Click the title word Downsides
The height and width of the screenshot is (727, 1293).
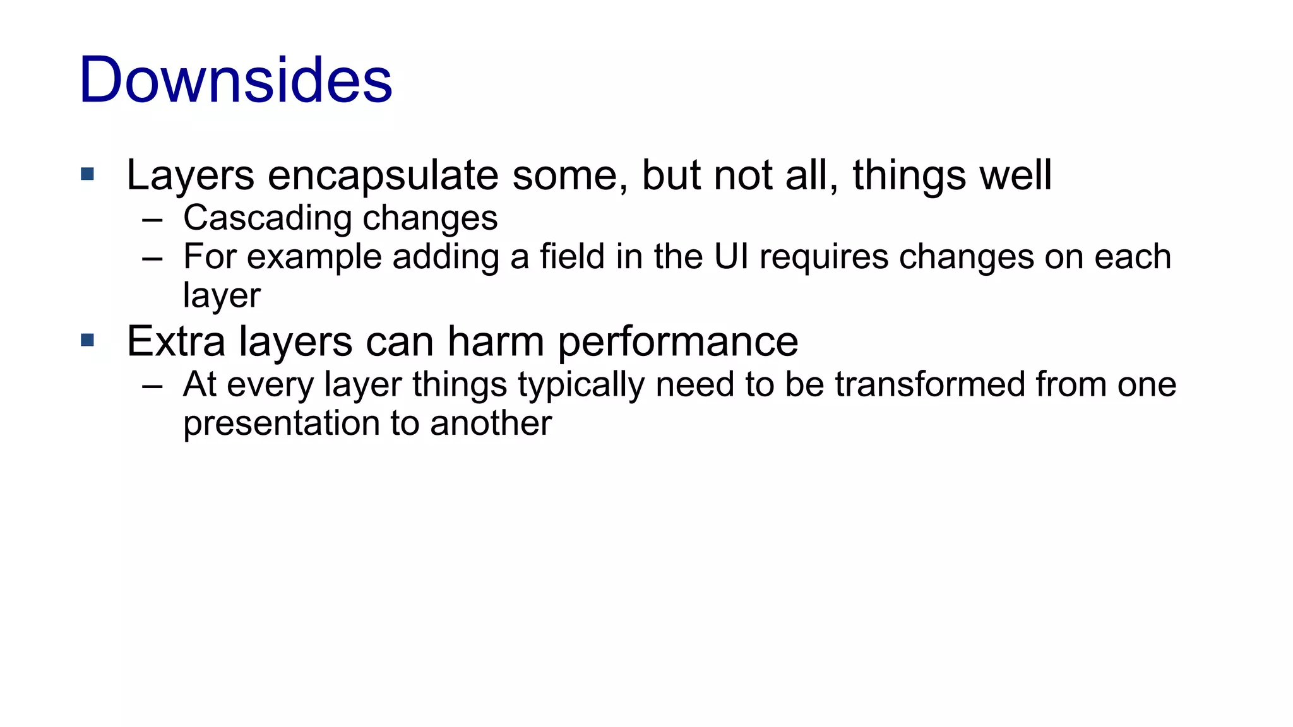[235, 80]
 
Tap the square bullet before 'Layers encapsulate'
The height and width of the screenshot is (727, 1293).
[88, 174]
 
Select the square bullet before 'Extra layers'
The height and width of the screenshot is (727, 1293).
[88, 341]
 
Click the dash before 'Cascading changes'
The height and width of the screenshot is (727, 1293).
[152, 220]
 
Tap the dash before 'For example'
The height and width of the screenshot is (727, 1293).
[152, 259]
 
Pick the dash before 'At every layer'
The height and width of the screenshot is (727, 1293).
[152, 386]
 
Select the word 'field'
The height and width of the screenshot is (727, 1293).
[572, 257]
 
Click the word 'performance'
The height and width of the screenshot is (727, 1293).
[678, 342]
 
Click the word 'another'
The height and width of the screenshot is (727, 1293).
[491, 423]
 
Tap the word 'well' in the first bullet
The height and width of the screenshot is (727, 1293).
[1015, 175]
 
